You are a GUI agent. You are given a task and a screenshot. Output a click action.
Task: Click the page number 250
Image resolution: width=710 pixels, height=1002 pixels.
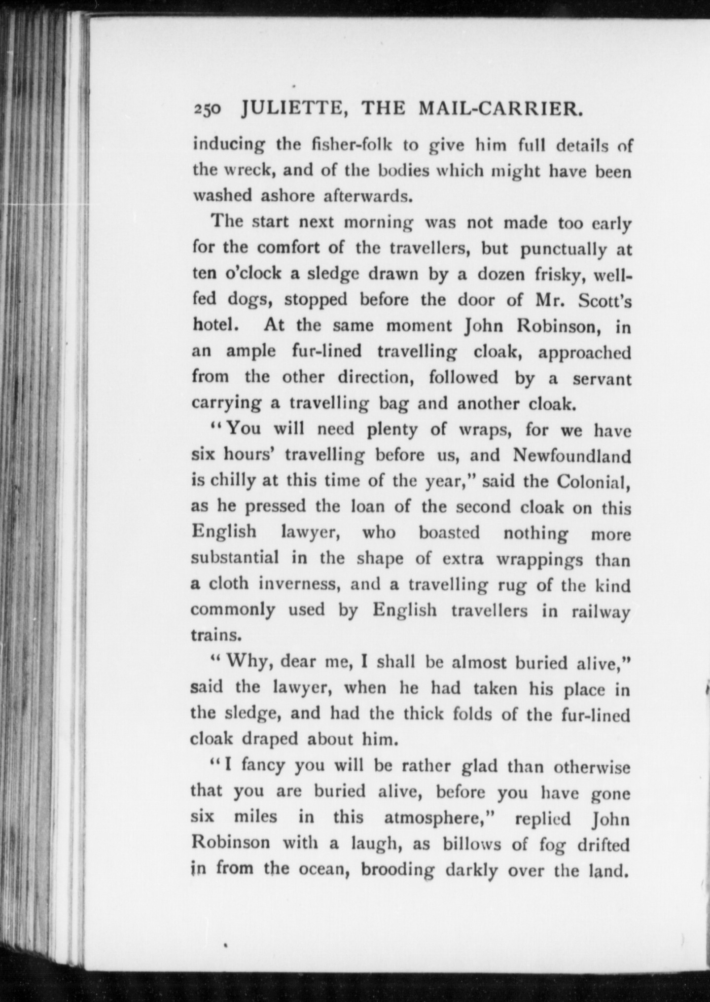point(207,109)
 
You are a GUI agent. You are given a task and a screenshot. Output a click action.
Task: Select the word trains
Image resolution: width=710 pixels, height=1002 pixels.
point(216,635)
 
